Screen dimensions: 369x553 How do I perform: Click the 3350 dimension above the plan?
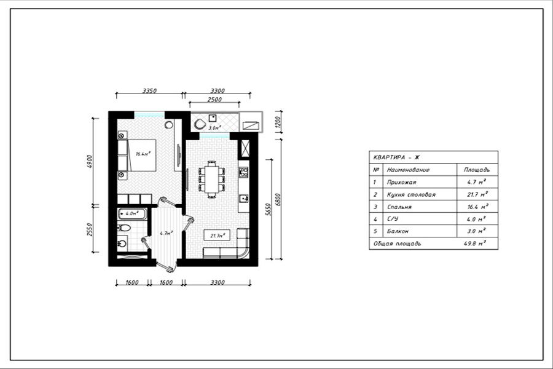149,90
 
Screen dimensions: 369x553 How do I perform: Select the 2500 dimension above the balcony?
214,99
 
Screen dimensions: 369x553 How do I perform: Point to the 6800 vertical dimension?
278,199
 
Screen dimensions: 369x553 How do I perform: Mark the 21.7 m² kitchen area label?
216,235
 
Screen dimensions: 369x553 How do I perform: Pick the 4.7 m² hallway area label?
166,233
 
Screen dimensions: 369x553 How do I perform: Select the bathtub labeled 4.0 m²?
131,214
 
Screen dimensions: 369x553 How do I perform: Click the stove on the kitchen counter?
243,172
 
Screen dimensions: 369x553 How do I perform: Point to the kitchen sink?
243,199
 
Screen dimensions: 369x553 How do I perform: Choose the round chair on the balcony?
199,125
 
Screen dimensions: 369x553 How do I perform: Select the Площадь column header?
477,170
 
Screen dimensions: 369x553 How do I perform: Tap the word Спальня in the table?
399,207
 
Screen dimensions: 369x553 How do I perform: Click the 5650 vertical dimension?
268,209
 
